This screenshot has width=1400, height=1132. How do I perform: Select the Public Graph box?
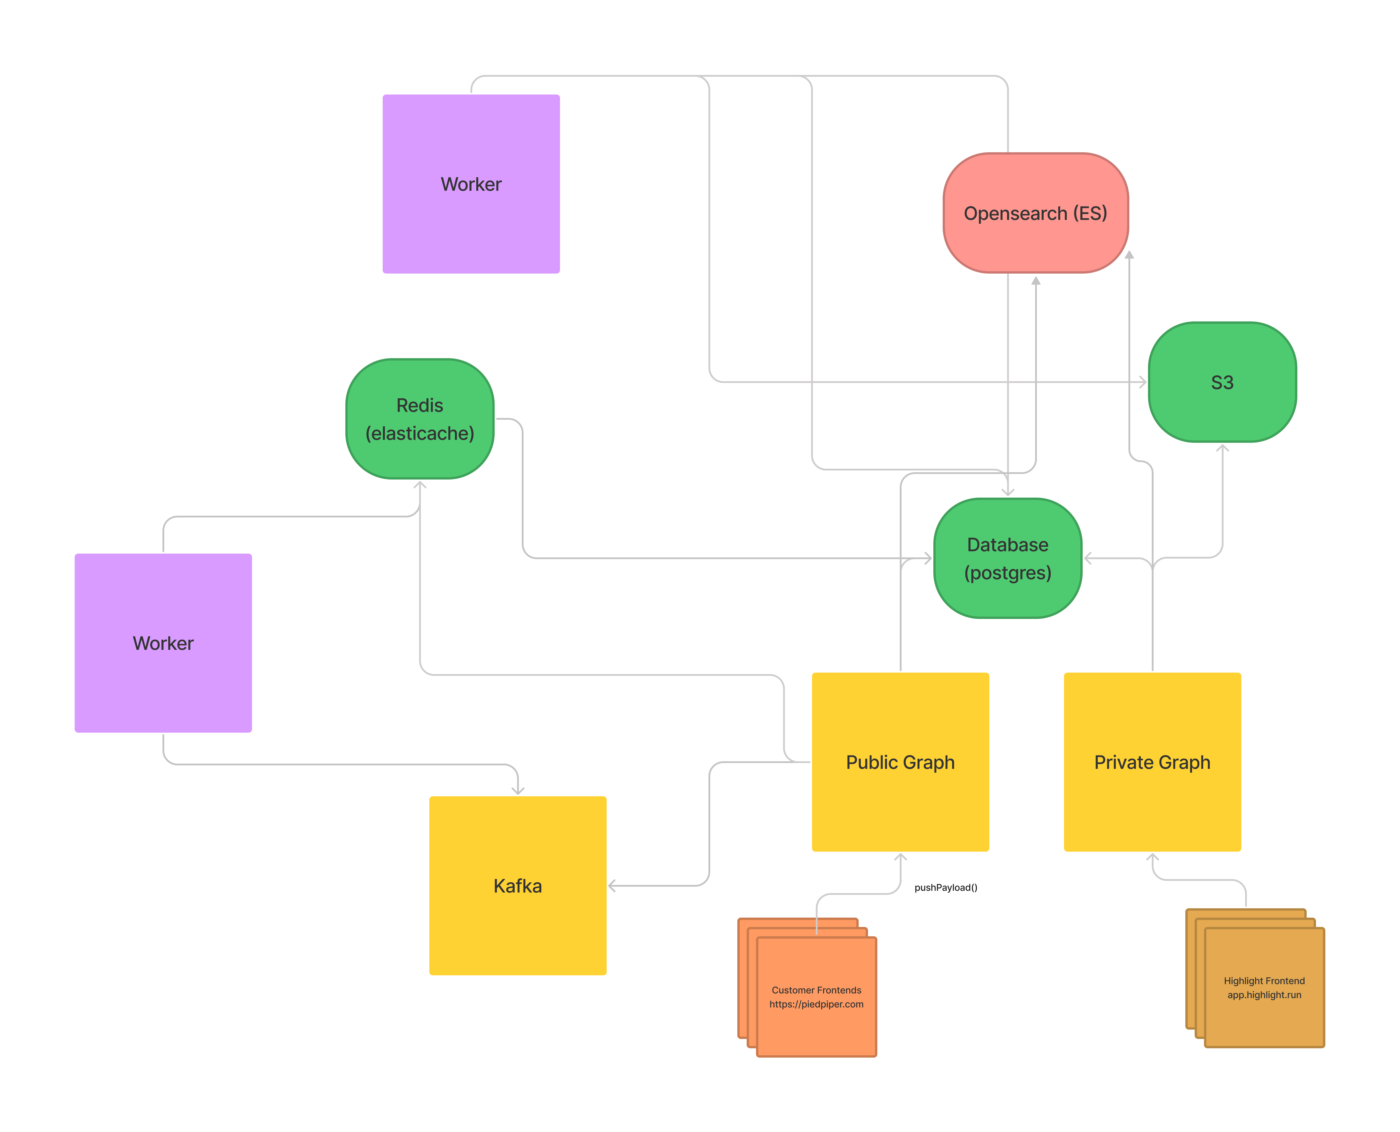coord(900,762)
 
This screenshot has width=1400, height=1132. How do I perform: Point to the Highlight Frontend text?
coord(1264,987)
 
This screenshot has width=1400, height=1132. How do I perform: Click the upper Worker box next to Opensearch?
coord(471,184)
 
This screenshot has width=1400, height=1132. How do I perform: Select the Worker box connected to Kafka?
coord(163,643)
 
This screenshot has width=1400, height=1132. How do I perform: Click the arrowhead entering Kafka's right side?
coord(612,886)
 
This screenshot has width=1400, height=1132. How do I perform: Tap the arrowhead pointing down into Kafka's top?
coord(518,791)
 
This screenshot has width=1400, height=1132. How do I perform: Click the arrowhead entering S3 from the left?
coord(1142,382)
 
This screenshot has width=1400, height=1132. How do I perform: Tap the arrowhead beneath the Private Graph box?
coord(1152,857)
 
